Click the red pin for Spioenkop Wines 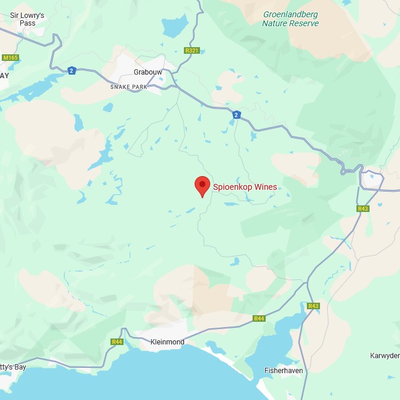(x=202, y=185)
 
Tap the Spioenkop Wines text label (x=245, y=187)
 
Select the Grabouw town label (x=147, y=72)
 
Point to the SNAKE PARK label (x=128, y=87)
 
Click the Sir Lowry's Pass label (x=27, y=19)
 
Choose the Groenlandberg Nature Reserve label (x=291, y=19)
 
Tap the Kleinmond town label (x=167, y=342)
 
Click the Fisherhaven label (x=284, y=371)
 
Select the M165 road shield (x=10, y=57)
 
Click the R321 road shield (x=192, y=51)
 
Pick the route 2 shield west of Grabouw (x=72, y=70)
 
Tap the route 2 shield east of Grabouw (x=237, y=115)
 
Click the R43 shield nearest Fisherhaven (x=313, y=306)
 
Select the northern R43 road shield (x=363, y=208)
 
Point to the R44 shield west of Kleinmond (x=117, y=342)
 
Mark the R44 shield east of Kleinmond (x=259, y=318)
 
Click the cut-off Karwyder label (x=384, y=356)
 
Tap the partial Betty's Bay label (x=13, y=367)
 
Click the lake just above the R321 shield (x=174, y=27)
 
